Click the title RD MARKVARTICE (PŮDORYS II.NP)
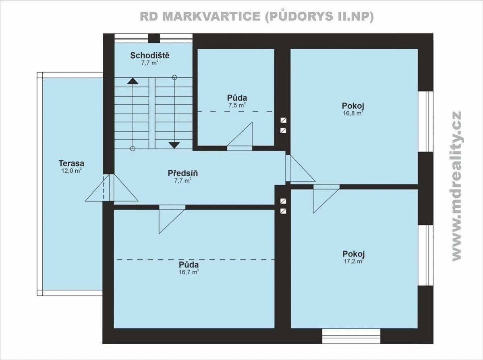click(257, 17)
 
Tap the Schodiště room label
click(150, 56)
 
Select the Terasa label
click(71, 163)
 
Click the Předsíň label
click(182, 173)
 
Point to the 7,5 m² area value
click(237, 105)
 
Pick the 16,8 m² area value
click(353, 113)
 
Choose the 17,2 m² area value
click(354, 261)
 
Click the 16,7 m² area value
click(189, 272)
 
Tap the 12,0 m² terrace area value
click(71, 171)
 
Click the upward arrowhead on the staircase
click(133, 81)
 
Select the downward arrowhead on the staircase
click(174, 145)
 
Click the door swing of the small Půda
click(240, 136)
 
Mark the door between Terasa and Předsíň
click(112, 188)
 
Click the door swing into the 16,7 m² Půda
click(172, 219)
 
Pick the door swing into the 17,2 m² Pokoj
click(326, 199)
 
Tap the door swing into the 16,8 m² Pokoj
click(301, 168)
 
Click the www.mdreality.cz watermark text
click(456, 186)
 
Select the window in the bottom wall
click(351, 336)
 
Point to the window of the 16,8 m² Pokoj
click(426, 121)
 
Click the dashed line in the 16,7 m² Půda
click(195, 260)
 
